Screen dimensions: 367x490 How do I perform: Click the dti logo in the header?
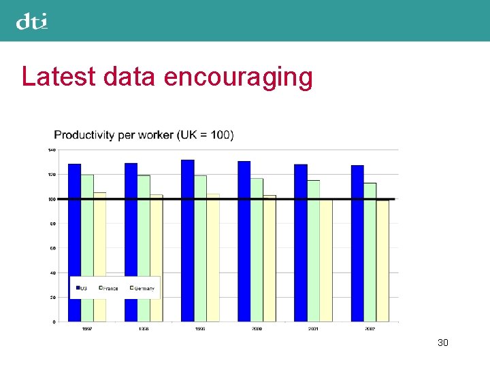point(32,22)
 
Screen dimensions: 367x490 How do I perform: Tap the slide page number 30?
point(443,343)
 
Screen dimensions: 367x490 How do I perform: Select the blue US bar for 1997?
point(75,242)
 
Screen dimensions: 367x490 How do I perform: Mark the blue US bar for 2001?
point(301,242)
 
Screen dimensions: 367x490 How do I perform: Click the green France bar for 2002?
point(370,251)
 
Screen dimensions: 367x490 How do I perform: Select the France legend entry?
point(108,288)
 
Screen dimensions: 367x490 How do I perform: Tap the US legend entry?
point(81,288)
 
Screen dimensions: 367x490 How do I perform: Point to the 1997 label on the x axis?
point(88,329)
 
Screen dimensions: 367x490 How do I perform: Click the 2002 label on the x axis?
point(370,329)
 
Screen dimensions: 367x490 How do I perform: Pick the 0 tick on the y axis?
point(54,321)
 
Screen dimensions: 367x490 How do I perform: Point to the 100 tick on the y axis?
point(52,199)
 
